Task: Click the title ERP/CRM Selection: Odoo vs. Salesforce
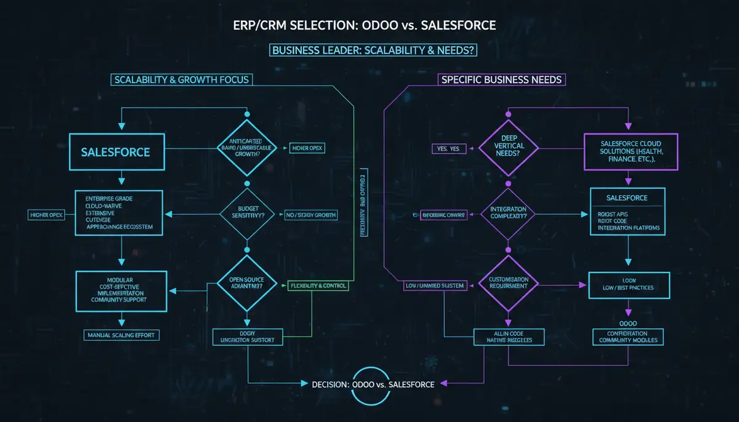(x=369, y=26)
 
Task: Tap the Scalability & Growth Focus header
(x=181, y=79)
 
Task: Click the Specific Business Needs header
(x=501, y=79)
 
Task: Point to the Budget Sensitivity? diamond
(x=247, y=214)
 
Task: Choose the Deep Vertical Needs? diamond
(x=509, y=148)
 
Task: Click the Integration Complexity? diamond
(x=509, y=214)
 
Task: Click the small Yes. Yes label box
(x=449, y=148)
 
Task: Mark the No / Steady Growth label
(x=310, y=215)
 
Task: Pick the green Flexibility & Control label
(x=318, y=285)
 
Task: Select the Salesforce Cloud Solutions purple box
(x=631, y=151)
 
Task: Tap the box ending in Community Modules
(x=628, y=336)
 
